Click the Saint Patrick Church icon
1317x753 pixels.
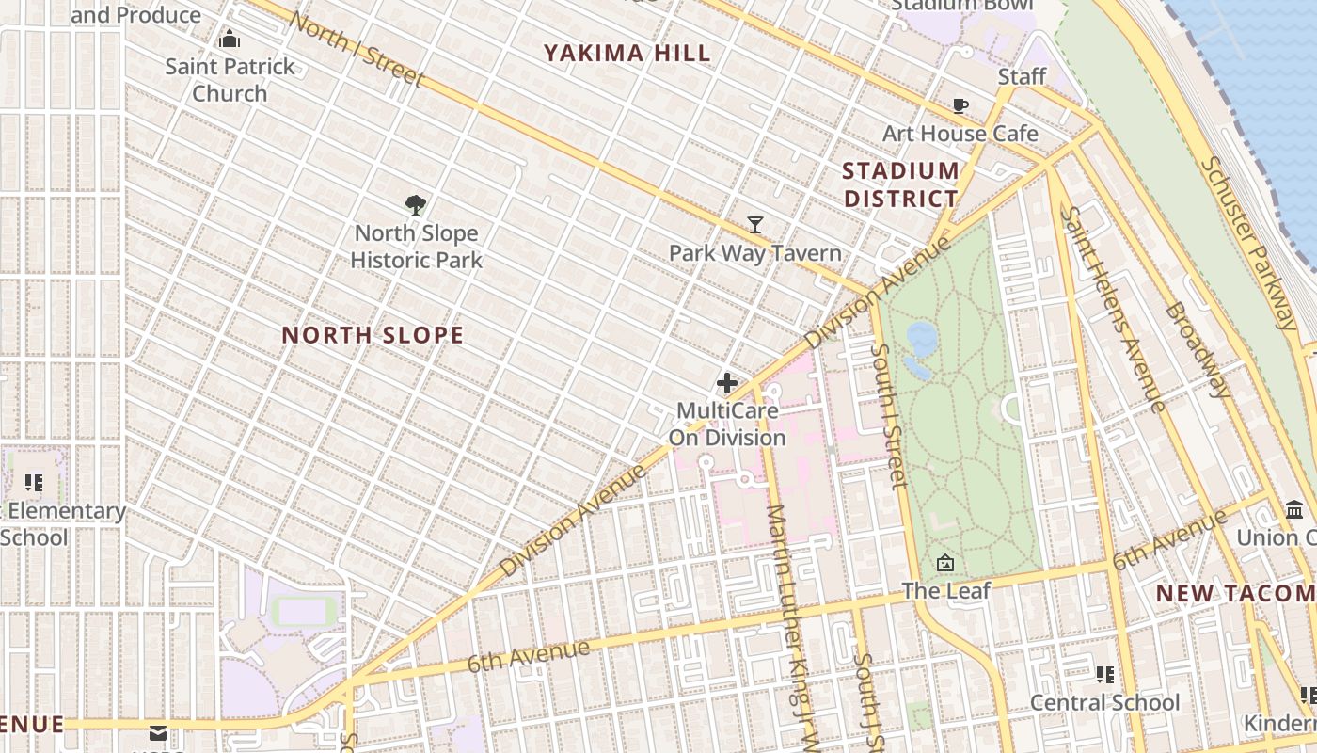tap(229, 40)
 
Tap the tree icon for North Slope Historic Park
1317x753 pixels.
tap(416, 205)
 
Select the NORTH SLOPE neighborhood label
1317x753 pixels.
tap(373, 335)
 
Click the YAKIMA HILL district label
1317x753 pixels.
tap(627, 54)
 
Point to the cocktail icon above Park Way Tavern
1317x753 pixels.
tap(754, 225)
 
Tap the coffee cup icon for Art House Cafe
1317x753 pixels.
tap(960, 105)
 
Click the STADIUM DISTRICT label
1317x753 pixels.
tap(900, 184)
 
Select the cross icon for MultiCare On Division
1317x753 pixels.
tap(726, 383)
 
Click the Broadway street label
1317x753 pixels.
tap(1197, 349)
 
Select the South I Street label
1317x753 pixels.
tap(888, 415)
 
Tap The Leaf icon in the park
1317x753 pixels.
tap(945, 564)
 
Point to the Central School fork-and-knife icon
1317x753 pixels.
tap(1104, 674)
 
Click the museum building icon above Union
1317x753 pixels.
tap(1294, 510)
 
